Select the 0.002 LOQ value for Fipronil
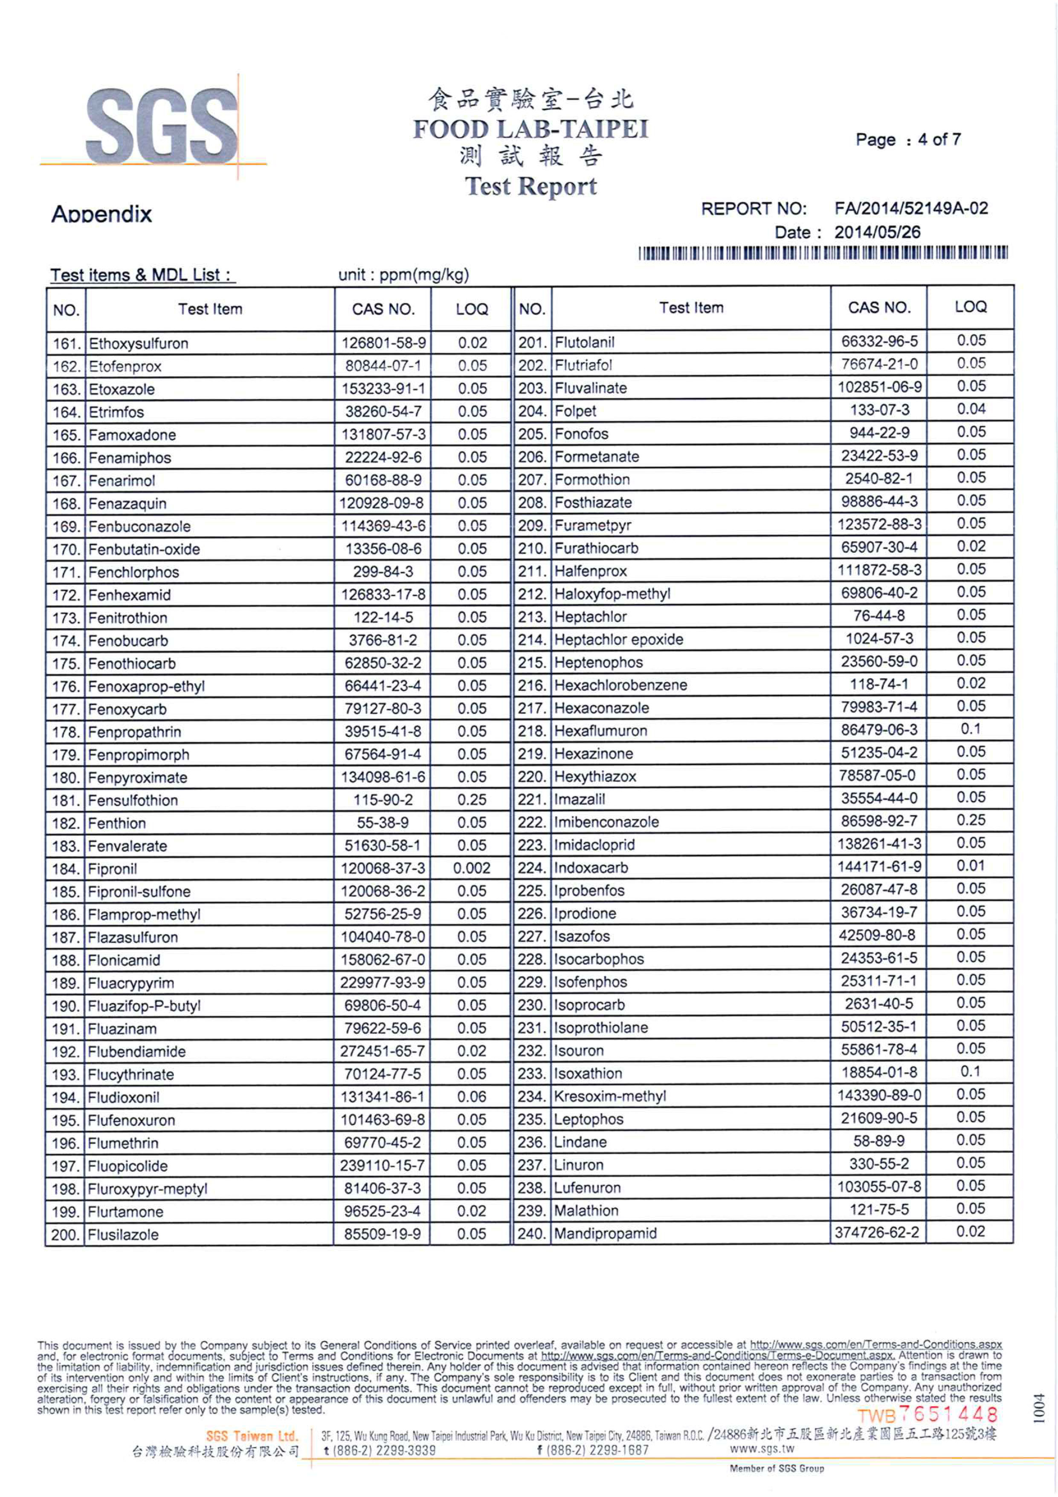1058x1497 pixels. [471, 868]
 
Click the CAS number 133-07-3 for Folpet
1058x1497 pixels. [879, 410]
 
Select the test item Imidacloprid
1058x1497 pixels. [594, 845]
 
